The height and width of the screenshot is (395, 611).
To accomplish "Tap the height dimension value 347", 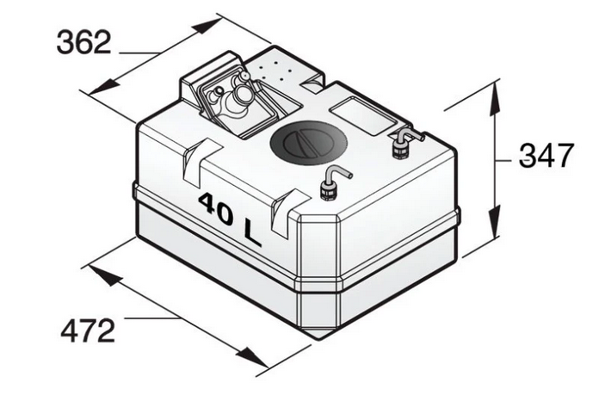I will [x=546, y=156].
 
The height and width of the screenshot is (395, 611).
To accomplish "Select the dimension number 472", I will [x=87, y=330].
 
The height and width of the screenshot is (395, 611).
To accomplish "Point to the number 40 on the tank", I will [x=216, y=207].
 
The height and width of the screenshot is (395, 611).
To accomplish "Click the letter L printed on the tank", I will [x=252, y=231].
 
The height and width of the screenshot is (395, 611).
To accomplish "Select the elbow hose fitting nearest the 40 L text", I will [x=332, y=182].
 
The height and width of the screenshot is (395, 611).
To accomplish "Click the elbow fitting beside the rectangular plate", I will [x=403, y=143].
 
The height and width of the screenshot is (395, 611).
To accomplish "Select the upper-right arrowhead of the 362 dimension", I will [x=207, y=24].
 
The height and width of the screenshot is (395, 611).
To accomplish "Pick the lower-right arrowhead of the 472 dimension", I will [x=257, y=357].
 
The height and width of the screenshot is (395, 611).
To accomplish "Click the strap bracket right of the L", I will [x=286, y=211].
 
